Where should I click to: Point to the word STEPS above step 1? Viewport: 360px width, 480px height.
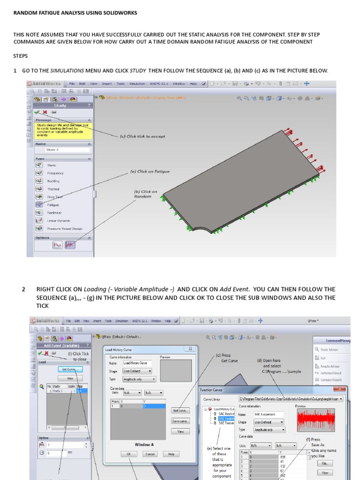pyautogui.click(x=20, y=56)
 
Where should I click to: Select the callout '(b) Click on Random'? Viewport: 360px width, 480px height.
pyautogui.click(x=146, y=194)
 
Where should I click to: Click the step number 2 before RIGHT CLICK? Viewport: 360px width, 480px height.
pyautogui.click(x=23, y=289)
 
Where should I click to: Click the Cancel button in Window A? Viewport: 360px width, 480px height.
pyautogui.click(x=150, y=454)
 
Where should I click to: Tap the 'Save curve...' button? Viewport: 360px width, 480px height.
pyautogui.click(x=180, y=421)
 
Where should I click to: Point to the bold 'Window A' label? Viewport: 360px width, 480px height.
pyautogui.click(x=143, y=444)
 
